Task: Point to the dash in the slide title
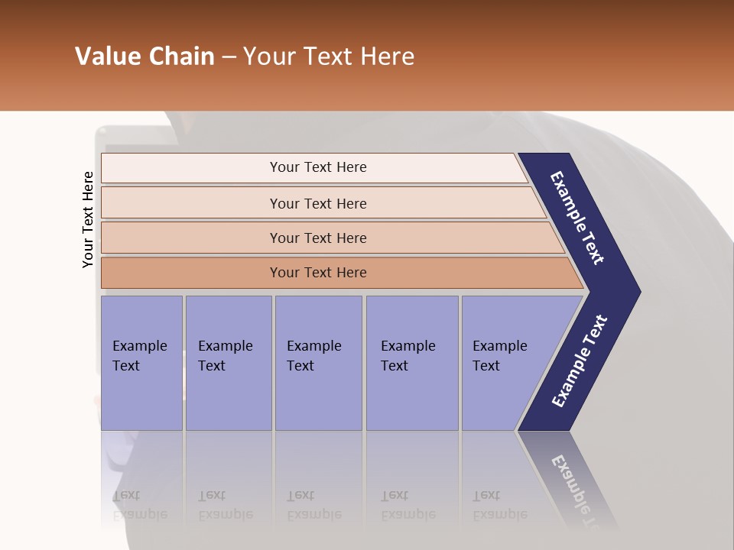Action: tap(228, 57)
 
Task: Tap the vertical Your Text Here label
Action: tap(88, 219)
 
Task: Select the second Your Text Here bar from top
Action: tap(317, 203)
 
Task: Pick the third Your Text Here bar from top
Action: tap(317, 238)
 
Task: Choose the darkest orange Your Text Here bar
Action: tap(317, 273)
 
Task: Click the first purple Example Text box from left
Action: tap(141, 363)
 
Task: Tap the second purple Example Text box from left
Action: tap(228, 363)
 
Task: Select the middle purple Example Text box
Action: tap(318, 363)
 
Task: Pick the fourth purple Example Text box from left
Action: tap(411, 363)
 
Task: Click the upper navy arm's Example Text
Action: tap(577, 218)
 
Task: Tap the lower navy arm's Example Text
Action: tap(580, 361)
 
